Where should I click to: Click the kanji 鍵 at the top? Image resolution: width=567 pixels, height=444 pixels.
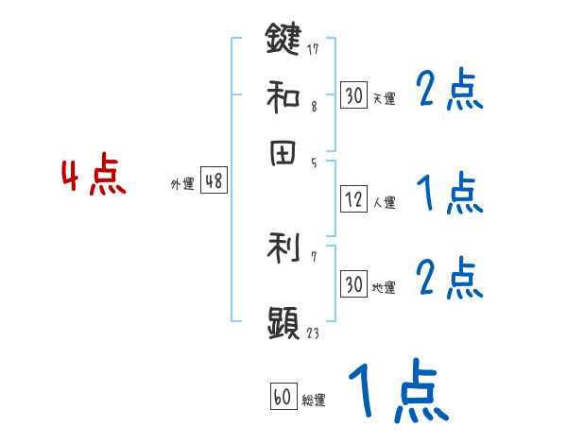tap(283, 42)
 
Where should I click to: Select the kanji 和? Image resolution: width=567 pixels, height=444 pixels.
tap(283, 94)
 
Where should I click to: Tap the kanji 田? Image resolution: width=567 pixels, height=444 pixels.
tap(283, 154)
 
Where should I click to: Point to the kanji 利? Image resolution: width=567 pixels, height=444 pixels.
tap(283, 248)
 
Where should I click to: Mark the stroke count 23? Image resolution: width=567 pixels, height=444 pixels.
tap(314, 332)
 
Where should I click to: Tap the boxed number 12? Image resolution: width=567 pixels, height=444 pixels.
tap(353, 200)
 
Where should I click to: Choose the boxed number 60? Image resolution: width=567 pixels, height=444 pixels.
tap(283, 398)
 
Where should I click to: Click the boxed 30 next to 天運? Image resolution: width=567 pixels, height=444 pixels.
tap(353, 95)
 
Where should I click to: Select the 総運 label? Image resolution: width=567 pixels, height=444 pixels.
tap(314, 401)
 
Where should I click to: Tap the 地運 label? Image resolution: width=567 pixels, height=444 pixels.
tap(384, 288)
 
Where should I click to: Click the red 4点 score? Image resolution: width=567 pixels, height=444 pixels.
tap(94, 178)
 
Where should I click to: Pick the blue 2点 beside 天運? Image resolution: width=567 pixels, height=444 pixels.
tap(450, 92)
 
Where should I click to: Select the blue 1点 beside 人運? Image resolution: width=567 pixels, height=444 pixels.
tap(450, 195)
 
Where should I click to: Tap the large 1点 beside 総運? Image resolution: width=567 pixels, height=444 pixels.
tap(397, 391)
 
